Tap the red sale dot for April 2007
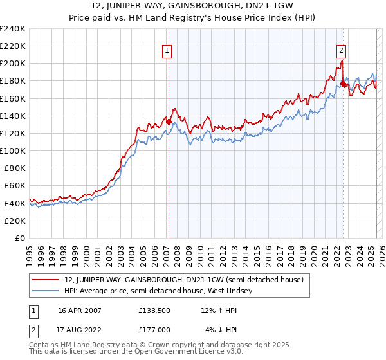[x=169, y=121]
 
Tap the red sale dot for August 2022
[x=343, y=83]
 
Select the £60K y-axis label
[x=15, y=186]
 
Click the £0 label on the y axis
[x=20, y=238]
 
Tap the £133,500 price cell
[x=154, y=310]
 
